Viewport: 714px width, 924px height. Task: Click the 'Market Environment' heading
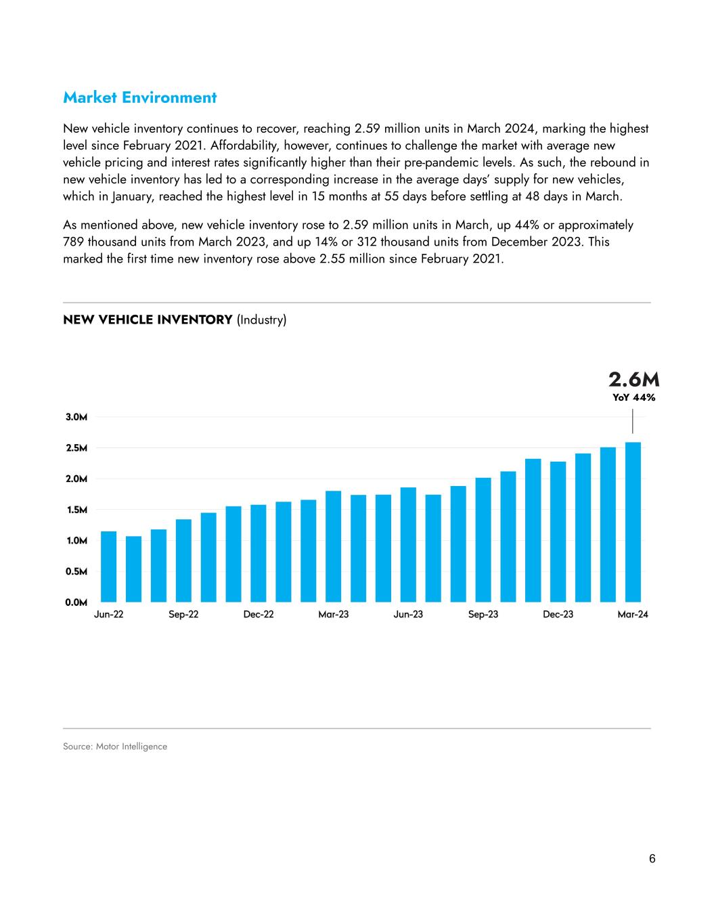(139, 97)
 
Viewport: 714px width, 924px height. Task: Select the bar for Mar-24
(633, 522)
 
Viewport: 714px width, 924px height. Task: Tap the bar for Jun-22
(108, 567)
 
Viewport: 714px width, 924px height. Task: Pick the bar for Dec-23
(558, 531)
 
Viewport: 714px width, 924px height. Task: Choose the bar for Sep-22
(183, 560)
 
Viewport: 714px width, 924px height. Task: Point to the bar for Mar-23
(333, 546)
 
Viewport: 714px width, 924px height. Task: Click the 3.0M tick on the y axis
(76, 417)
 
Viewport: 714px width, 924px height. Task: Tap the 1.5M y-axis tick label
(76, 510)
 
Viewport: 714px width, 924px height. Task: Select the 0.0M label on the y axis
(76, 602)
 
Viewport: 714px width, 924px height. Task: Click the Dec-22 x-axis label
(259, 615)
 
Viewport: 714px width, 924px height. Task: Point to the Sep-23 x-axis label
(483, 615)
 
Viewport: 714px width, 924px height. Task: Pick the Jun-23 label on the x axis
(408, 615)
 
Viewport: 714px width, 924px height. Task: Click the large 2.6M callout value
(633, 379)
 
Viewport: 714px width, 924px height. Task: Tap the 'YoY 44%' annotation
(634, 398)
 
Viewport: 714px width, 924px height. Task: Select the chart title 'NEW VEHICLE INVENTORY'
(148, 320)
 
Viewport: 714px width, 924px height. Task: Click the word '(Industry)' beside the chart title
(262, 320)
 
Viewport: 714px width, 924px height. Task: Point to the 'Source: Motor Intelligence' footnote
(115, 747)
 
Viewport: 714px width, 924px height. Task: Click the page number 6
(652, 859)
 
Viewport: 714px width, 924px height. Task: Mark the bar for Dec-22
(259, 553)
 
